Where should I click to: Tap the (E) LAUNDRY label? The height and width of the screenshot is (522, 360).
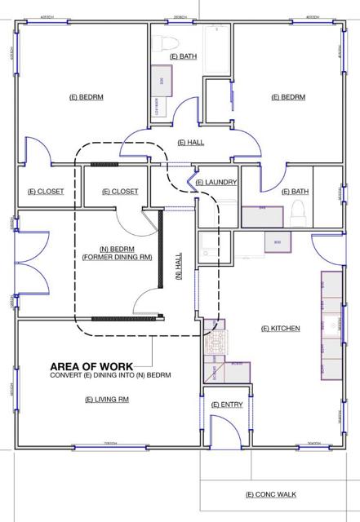(216, 182)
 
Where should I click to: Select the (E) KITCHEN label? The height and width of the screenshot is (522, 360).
(280, 328)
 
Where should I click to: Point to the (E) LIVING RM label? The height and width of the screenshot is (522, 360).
(108, 400)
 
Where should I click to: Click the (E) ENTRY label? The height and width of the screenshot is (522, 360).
(225, 405)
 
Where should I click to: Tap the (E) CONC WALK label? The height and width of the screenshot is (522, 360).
(272, 494)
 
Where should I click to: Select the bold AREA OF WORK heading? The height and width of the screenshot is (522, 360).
(97, 366)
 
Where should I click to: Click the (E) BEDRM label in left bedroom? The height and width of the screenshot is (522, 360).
(87, 96)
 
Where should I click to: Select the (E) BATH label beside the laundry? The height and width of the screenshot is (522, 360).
(295, 192)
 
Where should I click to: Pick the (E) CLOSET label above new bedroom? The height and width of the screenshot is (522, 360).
(120, 192)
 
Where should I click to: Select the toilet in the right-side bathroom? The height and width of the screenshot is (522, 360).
(298, 212)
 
